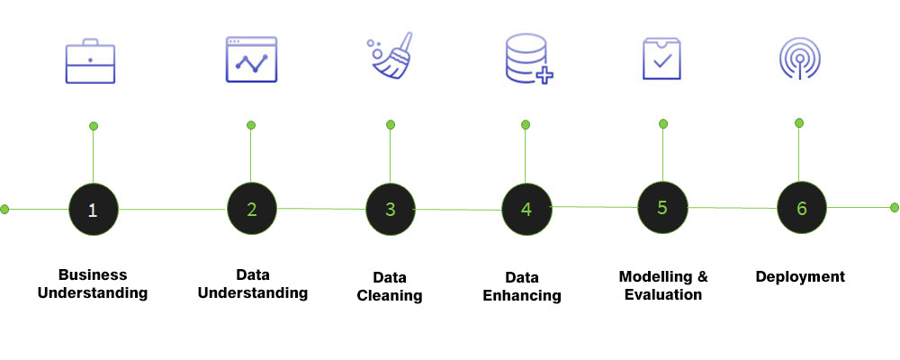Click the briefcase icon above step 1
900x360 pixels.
90,61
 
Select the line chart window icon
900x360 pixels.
251,59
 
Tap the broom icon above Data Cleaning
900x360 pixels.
391,55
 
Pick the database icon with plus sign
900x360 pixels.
529,59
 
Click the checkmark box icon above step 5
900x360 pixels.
661,58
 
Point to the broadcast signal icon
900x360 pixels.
799,58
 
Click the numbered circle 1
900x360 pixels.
93,210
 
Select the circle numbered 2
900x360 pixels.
252,210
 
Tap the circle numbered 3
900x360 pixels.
391,210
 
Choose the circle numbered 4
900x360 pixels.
526,209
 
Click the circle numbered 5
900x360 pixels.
662,208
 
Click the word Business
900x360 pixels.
93,274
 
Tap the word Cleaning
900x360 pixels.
390,296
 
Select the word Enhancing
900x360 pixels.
522,296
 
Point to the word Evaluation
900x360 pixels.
663,294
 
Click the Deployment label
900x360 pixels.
800,276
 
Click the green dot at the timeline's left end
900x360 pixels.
4,209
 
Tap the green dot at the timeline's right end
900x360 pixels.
895,207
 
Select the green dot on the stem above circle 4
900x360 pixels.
526,124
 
